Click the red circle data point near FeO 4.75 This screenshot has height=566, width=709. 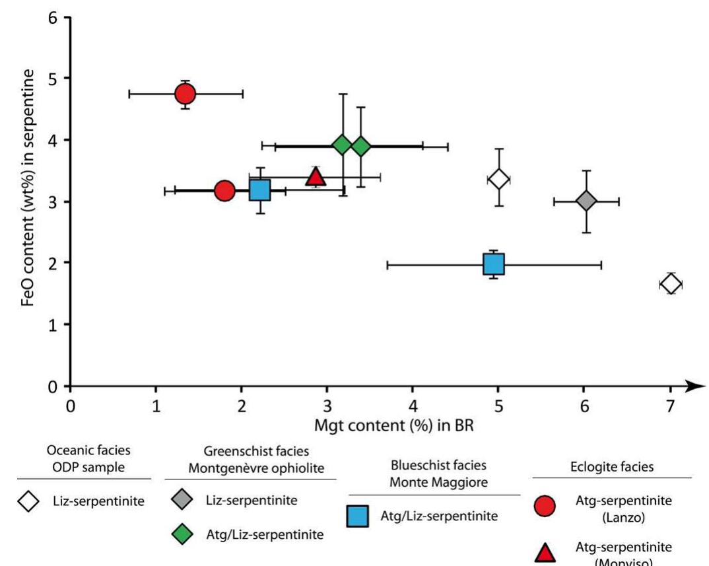pos(185,94)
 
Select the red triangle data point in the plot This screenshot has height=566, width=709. pos(316,176)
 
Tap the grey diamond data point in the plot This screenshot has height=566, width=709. pos(586,201)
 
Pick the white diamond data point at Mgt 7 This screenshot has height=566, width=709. pos(670,284)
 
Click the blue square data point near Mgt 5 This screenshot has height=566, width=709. pos(494,264)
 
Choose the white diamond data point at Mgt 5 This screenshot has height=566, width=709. pos(498,178)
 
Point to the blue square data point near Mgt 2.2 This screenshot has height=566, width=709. pos(259,190)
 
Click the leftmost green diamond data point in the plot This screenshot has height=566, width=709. pos(342,145)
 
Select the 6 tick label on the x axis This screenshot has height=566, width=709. pos(584,406)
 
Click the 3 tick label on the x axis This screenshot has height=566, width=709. pos(327,406)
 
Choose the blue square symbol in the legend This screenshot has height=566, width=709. pos(357,516)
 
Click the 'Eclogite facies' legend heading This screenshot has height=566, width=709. pos(611,466)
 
